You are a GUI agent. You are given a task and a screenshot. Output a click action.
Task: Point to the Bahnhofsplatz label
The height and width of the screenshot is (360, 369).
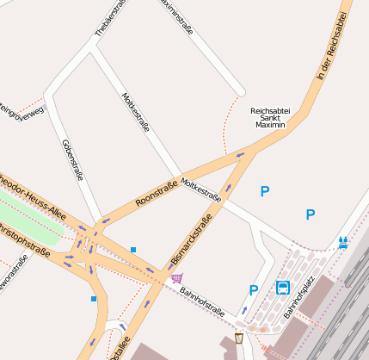point(299,297)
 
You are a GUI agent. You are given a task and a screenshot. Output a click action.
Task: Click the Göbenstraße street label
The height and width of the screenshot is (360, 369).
point(72,159)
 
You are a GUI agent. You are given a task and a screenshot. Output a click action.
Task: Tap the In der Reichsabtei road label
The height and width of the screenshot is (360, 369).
point(335,48)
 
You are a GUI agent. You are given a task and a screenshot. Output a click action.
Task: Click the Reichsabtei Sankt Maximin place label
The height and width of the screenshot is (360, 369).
point(270,118)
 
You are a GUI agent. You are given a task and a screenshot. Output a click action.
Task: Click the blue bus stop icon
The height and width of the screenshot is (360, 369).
point(283,287)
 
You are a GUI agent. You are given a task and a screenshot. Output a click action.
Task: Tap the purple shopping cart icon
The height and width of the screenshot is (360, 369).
point(176,277)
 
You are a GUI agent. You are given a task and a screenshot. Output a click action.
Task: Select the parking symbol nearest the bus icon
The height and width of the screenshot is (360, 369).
point(253,290)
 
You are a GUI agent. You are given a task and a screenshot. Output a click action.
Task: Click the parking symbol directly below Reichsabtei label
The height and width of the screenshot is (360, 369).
point(265,191)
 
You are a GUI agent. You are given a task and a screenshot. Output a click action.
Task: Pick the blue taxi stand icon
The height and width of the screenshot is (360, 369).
point(344,242)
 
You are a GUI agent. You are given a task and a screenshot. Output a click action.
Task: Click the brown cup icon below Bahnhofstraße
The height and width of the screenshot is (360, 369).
point(238,338)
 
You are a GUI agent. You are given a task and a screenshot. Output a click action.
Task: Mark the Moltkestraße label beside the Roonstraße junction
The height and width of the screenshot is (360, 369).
point(201,192)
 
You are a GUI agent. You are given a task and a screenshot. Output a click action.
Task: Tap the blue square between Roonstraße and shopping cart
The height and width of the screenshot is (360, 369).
point(133,250)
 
